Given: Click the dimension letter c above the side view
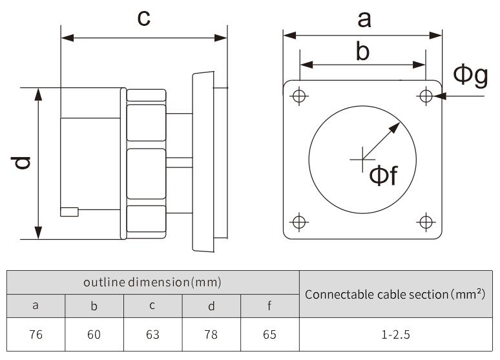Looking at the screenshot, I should coord(144,19).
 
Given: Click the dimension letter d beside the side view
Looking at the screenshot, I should coord(21,163).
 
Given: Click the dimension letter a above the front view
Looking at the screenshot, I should coord(364,19).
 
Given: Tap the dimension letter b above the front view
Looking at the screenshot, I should coord(363,52).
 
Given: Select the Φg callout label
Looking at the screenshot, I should coord(470,76).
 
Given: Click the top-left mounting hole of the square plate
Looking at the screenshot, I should coord(298,96).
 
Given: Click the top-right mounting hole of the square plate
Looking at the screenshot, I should coord(426,96).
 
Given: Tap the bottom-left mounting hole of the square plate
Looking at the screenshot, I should coord(298,222).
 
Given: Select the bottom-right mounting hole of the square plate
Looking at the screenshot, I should coord(425,222).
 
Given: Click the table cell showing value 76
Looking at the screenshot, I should coord(36,335).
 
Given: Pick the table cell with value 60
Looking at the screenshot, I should coord(94,335).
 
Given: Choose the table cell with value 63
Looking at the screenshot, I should coord(152,335).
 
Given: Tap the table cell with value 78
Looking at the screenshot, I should coord(211,335).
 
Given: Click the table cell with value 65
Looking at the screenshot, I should coord(270,335).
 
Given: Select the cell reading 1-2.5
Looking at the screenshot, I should coord(395,335).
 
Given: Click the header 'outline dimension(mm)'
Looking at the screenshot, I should coord(152,282).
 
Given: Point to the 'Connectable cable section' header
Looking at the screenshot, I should coord(395,294).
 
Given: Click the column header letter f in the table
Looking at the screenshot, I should coord(270,306).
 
